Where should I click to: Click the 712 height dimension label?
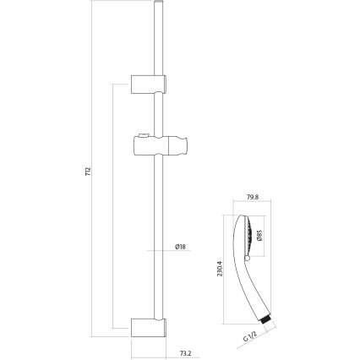click(87, 172)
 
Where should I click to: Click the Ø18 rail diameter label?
click(179, 247)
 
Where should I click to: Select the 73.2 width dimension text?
click(185, 352)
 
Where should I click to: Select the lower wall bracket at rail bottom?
click(150, 324)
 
